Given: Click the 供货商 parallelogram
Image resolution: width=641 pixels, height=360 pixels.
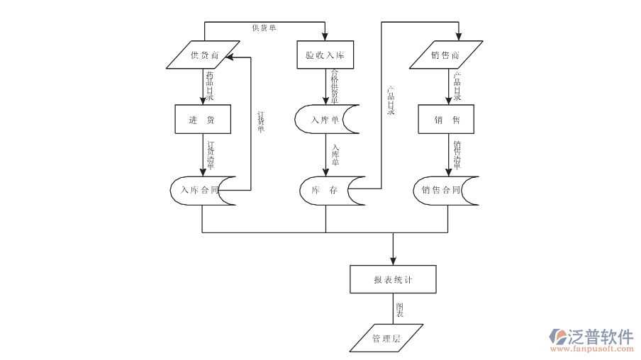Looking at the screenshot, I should point(204,55).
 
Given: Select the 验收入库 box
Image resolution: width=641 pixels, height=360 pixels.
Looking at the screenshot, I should point(325,55).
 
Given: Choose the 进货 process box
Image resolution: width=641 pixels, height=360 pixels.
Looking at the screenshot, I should point(203,120).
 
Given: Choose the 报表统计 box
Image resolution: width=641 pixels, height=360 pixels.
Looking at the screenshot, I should point(393,279).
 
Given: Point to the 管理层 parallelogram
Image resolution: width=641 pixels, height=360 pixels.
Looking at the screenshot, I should point(386,338).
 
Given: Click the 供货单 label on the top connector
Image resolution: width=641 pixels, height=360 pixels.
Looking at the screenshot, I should point(264,28).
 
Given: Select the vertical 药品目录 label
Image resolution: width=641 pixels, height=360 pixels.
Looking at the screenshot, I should point(210,86).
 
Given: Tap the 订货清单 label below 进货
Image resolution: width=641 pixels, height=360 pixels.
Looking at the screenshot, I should point(211,156).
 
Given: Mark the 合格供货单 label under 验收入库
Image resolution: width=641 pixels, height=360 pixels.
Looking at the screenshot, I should point(335,86).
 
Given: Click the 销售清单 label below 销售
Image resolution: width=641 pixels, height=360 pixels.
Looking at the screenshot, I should point(457,156).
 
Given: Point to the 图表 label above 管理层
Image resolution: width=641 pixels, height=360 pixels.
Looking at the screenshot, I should point(401,309).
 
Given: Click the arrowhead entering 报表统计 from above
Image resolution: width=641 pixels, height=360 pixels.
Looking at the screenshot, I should point(393,260).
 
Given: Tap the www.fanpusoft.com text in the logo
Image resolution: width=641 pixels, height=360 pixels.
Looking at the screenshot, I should point(591,349).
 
